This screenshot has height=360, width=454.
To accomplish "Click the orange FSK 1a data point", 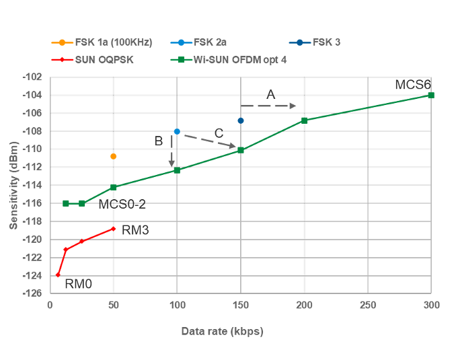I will pyautogui.click(x=113, y=156).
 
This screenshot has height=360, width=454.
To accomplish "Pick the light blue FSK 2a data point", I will pyautogui.click(x=177, y=131).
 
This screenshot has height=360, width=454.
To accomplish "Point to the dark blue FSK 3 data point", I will pyautogui.click(x=241, y=120).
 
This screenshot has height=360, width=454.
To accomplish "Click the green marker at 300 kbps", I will pyautogui.click(x=431, y=95).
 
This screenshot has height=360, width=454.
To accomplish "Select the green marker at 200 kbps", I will pyautogui.click(x=304, y=120).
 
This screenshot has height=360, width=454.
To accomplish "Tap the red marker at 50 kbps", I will pyautogui.click(x=114, y=229).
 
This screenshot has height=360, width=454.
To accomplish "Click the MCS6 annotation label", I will pyautogui.click(x=412, y=84).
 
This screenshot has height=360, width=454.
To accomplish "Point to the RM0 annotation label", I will pyautogui.click(x=78, y=285).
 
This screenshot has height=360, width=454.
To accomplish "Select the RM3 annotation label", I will pyautogui.click(x=135, y=230).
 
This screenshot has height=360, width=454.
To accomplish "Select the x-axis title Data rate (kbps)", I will pyautogui.click(x=222, y=332).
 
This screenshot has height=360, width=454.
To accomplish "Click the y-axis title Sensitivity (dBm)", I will pyautogui.click(x=14, y=185).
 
